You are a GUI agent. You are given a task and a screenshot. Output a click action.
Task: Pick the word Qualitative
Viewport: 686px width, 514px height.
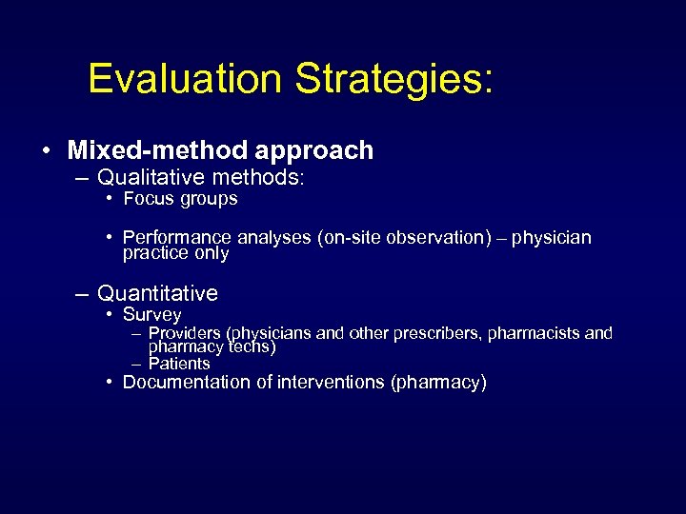coord(151,177)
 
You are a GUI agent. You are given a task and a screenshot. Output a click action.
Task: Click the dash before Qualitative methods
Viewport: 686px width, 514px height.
coord(85,177)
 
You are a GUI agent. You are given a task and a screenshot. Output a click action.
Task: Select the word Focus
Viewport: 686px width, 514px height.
coord(147,199)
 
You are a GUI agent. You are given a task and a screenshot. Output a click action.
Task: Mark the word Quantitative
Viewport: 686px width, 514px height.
coord(157,293)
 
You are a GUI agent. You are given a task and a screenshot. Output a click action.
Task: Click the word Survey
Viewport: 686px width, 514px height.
coord(151,314)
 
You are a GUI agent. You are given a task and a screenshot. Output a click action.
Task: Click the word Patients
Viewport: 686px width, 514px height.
coord(179,364)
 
